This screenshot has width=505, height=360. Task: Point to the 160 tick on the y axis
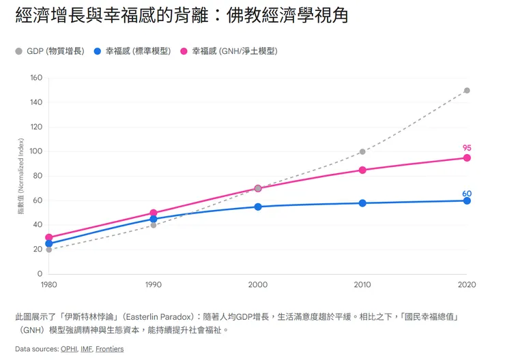coord(35,78)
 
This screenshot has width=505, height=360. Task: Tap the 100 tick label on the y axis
coord(35,151)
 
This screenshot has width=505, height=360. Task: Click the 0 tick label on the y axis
coord(40,274)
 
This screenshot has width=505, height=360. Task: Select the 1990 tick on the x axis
coord(154,284)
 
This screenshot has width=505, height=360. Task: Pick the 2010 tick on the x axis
coord(362,284)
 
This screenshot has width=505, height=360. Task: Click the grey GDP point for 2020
coord(467,90)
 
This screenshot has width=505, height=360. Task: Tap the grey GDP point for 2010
coord(362,151)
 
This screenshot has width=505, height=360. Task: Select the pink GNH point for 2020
coord(467,157)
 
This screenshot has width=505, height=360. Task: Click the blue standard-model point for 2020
coord(467,200)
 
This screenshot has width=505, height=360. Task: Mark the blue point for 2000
coord(258,207)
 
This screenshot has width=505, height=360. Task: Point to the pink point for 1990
coord(154,213)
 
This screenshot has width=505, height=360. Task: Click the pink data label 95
coord(467,148)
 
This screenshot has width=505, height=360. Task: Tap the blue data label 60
coord(467,194)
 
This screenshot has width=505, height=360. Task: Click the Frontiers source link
coord(109,349)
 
